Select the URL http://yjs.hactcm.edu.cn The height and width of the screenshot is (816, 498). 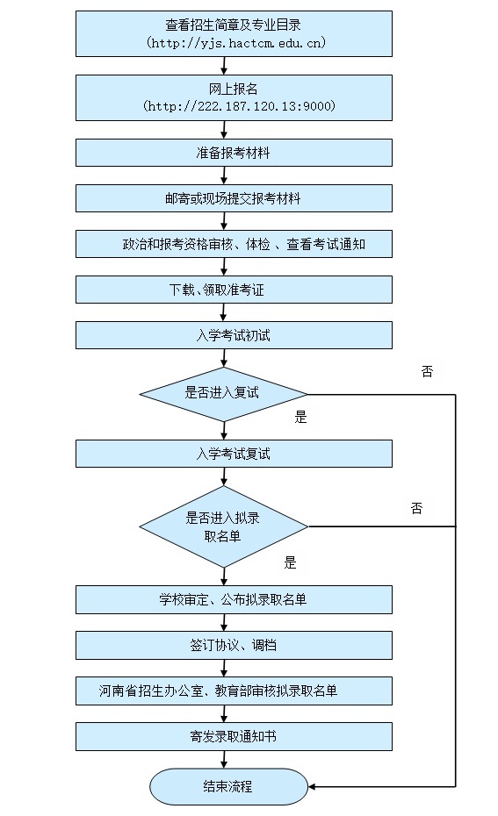233,43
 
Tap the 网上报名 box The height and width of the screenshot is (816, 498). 234,97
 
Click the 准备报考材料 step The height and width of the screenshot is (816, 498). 234,153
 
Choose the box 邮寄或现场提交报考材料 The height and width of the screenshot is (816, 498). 234,199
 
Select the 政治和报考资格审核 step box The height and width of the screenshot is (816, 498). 234,245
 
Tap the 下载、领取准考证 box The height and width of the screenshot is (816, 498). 234,290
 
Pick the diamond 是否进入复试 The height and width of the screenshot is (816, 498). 223,393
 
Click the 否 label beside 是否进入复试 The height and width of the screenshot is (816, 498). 427,372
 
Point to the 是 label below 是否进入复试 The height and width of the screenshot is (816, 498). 300,418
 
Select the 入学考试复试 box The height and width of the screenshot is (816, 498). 234,454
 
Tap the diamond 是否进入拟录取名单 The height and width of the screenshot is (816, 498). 223,526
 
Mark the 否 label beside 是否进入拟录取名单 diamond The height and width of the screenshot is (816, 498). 416,508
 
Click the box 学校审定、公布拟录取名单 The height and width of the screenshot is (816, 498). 234,600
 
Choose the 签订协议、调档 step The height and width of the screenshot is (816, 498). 234,646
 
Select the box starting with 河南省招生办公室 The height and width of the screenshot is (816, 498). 234,691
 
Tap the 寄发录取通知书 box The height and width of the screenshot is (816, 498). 234,737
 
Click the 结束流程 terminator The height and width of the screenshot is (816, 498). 228,787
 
